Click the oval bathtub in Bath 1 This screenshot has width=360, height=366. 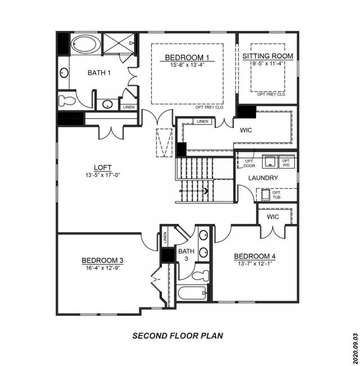click(x=85, y=44)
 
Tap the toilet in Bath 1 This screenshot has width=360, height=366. click(x=67, y=101)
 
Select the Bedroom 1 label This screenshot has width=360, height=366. click(x=187, y=57)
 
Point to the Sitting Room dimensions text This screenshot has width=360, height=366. click(x=268, y=64)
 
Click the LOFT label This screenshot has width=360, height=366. click(x=103, y=168)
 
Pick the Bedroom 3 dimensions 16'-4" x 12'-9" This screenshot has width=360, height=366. click(x=103, y=268)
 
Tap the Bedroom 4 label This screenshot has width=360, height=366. click(x=255, y=256)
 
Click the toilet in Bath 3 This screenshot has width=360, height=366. click(x=201, y=275)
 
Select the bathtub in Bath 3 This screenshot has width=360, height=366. click(x=192, y=293)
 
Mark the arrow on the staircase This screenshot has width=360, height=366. click(x=194, y=191)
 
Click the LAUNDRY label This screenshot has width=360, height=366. click(x=263, y=178)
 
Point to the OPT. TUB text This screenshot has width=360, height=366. click(x=277, y=195)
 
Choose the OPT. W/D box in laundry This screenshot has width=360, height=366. click(x=286, y=161)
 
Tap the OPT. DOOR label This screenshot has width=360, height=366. click(x=249, y=164)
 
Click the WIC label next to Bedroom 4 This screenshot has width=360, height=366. click(x=273, y=216)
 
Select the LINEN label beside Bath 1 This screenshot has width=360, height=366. click(x=129, y=107)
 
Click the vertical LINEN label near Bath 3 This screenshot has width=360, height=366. click(x=165, y=237)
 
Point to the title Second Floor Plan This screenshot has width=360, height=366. click(x=178, y=336)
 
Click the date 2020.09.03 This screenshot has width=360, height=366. click(x=355, y=349)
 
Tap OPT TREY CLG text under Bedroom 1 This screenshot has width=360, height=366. click(x=209, y=107)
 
